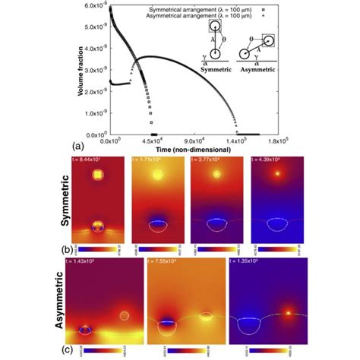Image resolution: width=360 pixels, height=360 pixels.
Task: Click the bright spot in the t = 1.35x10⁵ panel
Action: [287, 311]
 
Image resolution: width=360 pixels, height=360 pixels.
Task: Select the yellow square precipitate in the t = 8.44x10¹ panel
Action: [97, 175]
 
